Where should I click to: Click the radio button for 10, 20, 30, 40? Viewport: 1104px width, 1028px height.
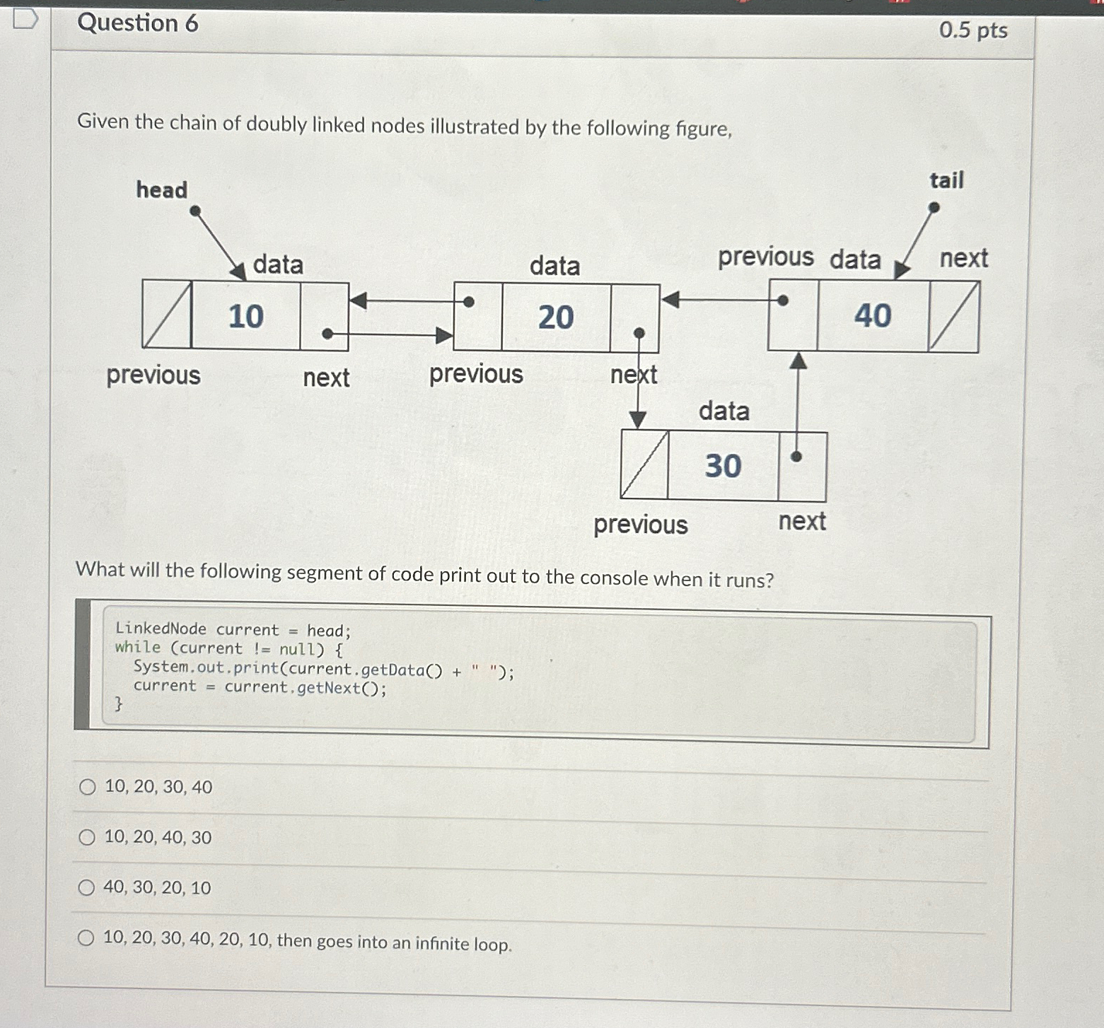pos(88,787)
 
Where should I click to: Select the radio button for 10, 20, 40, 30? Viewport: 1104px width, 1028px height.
pos(87,838)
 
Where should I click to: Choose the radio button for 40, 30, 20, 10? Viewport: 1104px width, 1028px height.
pos(86,888)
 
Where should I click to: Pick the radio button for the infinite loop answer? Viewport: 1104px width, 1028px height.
pos(86,938)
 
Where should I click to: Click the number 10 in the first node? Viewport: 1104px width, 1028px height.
pos(245,316)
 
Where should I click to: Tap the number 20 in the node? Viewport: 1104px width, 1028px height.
pos(556,317)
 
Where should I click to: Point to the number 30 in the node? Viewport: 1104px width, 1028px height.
pos(723,466)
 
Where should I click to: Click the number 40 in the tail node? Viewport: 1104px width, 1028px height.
pos(873,315)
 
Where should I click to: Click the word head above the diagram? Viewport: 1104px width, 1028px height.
pos(162,190)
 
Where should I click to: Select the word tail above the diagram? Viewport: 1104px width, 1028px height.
pos(946,180)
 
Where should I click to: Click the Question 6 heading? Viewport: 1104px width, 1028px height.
pos(138,23)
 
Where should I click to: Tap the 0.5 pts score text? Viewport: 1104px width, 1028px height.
pos(973,30)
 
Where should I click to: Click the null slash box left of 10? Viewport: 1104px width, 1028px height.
pos(167,315)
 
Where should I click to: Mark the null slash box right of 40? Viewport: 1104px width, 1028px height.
pos(954,316)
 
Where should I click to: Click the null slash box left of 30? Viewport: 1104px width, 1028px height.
pos(644,465)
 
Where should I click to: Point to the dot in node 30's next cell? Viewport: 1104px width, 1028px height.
pos(796,457)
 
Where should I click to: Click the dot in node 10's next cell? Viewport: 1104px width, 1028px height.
pos(327,333)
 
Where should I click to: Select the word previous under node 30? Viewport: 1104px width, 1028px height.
pos(640,525)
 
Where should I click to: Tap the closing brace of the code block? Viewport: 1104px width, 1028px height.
pos(118,703)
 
